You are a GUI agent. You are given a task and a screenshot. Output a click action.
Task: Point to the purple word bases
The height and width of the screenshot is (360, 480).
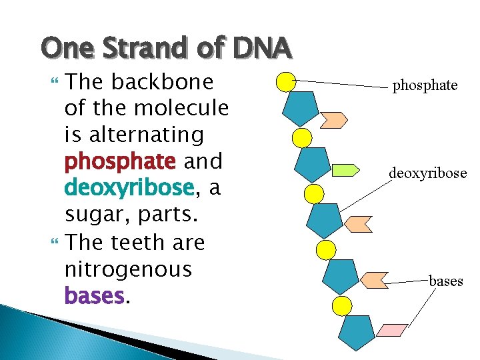(94, 296)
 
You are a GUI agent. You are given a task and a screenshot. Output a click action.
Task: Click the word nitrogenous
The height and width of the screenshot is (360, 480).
(127, 269)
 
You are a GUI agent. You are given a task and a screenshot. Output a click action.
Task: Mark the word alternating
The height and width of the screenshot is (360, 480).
(134, 135)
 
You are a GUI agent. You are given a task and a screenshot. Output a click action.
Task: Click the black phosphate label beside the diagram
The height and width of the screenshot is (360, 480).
(425, 86)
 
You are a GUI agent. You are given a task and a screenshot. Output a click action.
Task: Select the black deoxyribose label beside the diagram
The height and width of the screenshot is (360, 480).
(428, 174)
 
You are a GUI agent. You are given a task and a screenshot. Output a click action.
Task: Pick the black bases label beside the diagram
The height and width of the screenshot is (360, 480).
(445, 281)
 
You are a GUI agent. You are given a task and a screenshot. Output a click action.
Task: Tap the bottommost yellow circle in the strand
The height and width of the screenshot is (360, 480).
(341, 306)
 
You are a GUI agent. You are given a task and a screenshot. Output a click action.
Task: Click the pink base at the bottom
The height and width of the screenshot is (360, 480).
(391, 330)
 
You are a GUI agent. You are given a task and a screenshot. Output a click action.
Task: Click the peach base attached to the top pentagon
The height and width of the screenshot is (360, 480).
(333, 119)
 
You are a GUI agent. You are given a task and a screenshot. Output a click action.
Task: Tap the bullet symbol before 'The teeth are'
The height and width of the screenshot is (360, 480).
(56, 243)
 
